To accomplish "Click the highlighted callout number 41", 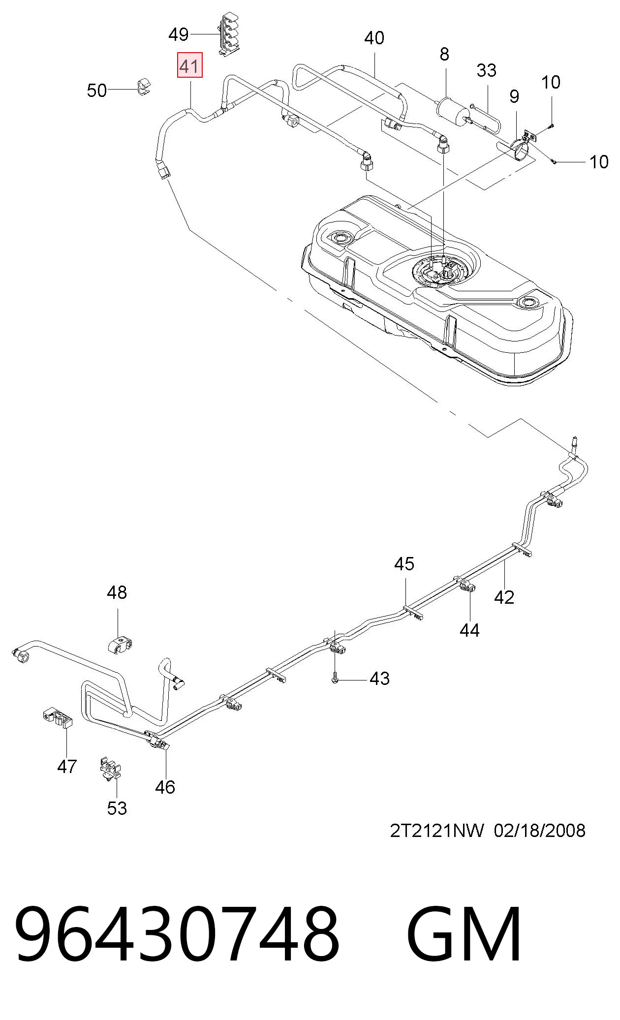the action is (x=190, y=66).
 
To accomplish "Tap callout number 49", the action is (x=178, y=34).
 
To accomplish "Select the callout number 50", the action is (x=96, y=91).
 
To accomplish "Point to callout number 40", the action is (x=374, y=38).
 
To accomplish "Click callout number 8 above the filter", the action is (x=444, y=54).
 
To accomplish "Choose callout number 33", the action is (x=486, y=71).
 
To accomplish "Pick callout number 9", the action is (x=514, y=96).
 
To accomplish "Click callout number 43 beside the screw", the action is (x=379, y=679).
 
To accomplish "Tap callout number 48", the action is (x=117, y=592).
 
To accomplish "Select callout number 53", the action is (x=117, y=808).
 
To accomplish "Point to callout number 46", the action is (x=165, y=787).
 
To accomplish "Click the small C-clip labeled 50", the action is (x=143, y=86).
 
